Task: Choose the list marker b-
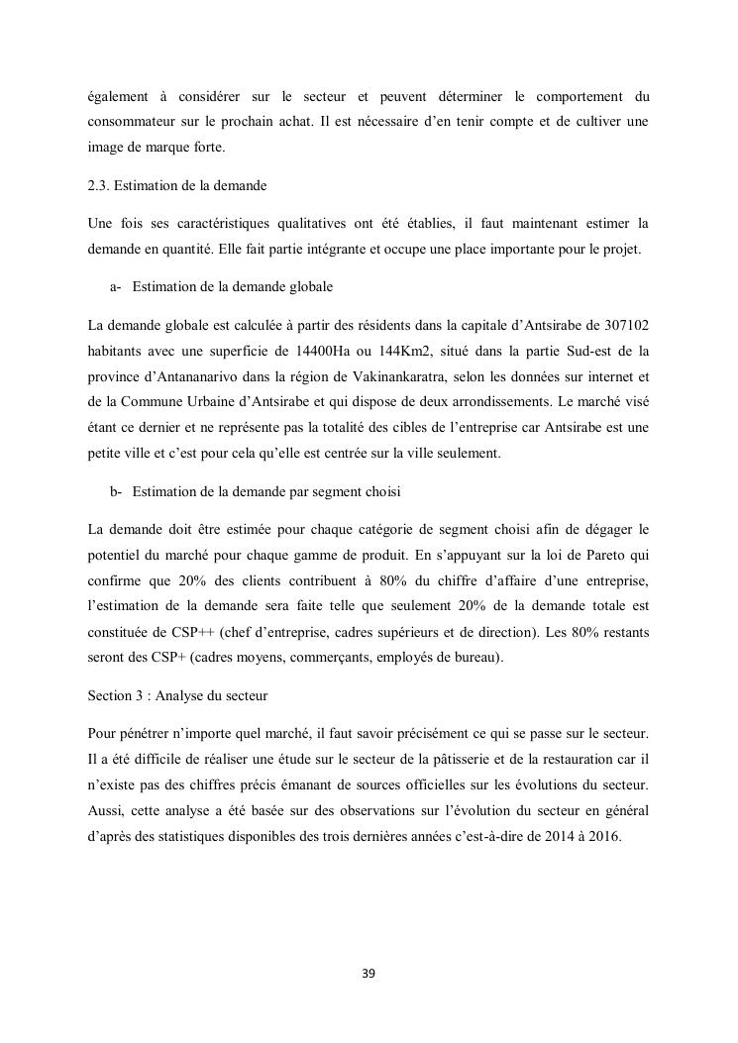coord(116,491)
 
